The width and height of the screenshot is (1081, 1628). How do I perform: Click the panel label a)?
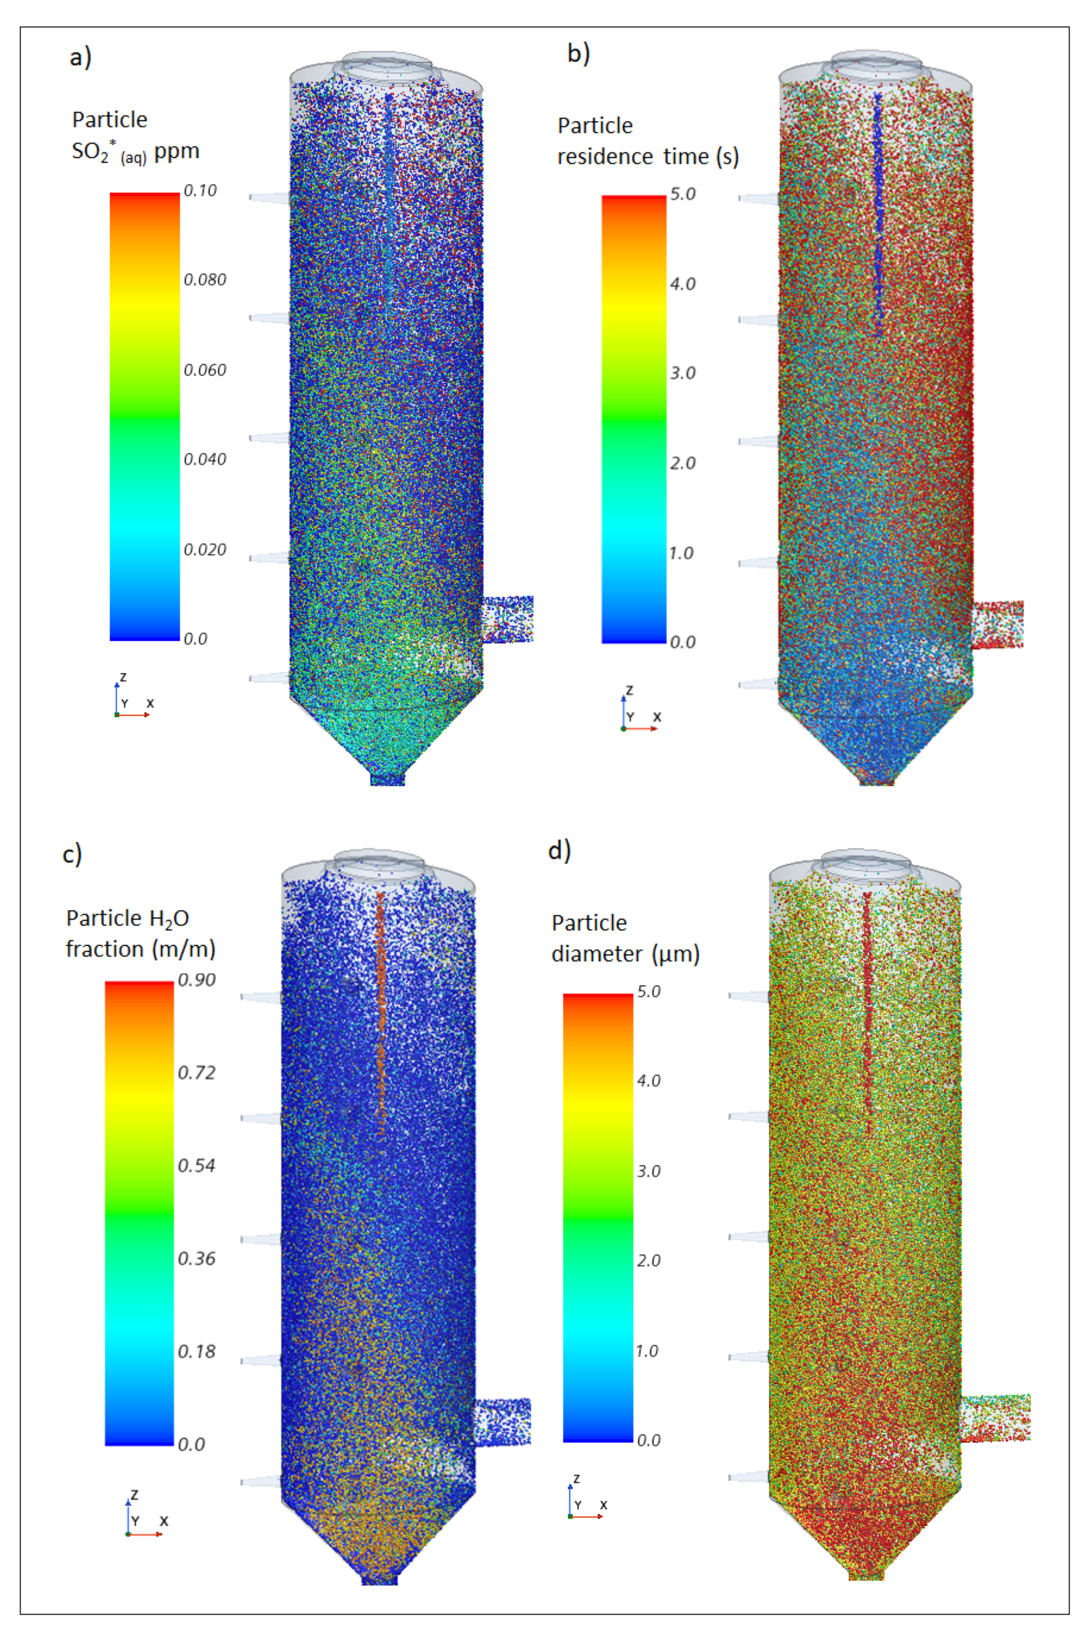80,57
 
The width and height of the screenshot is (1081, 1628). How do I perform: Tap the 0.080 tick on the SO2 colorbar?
205,280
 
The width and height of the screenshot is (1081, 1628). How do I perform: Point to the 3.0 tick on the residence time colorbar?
683,373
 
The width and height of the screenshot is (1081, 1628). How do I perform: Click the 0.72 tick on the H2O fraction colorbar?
197,1072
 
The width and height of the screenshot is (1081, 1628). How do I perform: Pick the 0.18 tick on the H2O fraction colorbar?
197,1351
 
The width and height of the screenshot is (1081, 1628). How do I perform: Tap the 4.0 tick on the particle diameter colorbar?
648,1081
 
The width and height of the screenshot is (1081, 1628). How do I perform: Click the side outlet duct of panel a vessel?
508,619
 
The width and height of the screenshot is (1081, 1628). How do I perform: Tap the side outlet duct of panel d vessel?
995,1417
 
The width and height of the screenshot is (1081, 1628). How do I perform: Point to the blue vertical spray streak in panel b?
878,214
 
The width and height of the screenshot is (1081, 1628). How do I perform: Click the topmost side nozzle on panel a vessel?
269,198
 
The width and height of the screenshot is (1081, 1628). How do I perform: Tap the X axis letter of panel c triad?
164,1521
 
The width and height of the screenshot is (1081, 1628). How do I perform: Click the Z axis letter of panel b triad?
629,690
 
